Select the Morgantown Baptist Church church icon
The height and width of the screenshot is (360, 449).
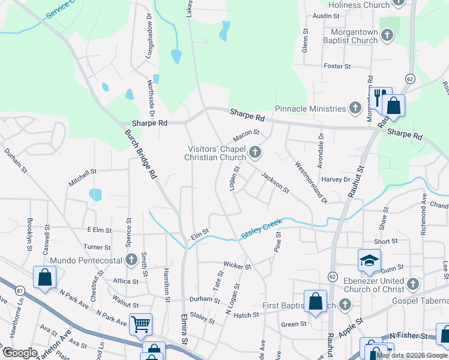tap(387, 36)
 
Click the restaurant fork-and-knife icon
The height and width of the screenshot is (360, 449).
tap(379, 97)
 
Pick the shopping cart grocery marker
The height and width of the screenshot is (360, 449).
tap(140, 325)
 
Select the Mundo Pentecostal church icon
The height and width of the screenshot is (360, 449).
tap(132, 260)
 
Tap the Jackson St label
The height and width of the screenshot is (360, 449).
tap(276, 182)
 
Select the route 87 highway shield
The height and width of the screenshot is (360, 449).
tap(21, 290)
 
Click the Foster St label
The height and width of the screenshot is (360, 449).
tap(337, 66)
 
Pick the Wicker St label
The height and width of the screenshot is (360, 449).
tap(237, 265)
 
